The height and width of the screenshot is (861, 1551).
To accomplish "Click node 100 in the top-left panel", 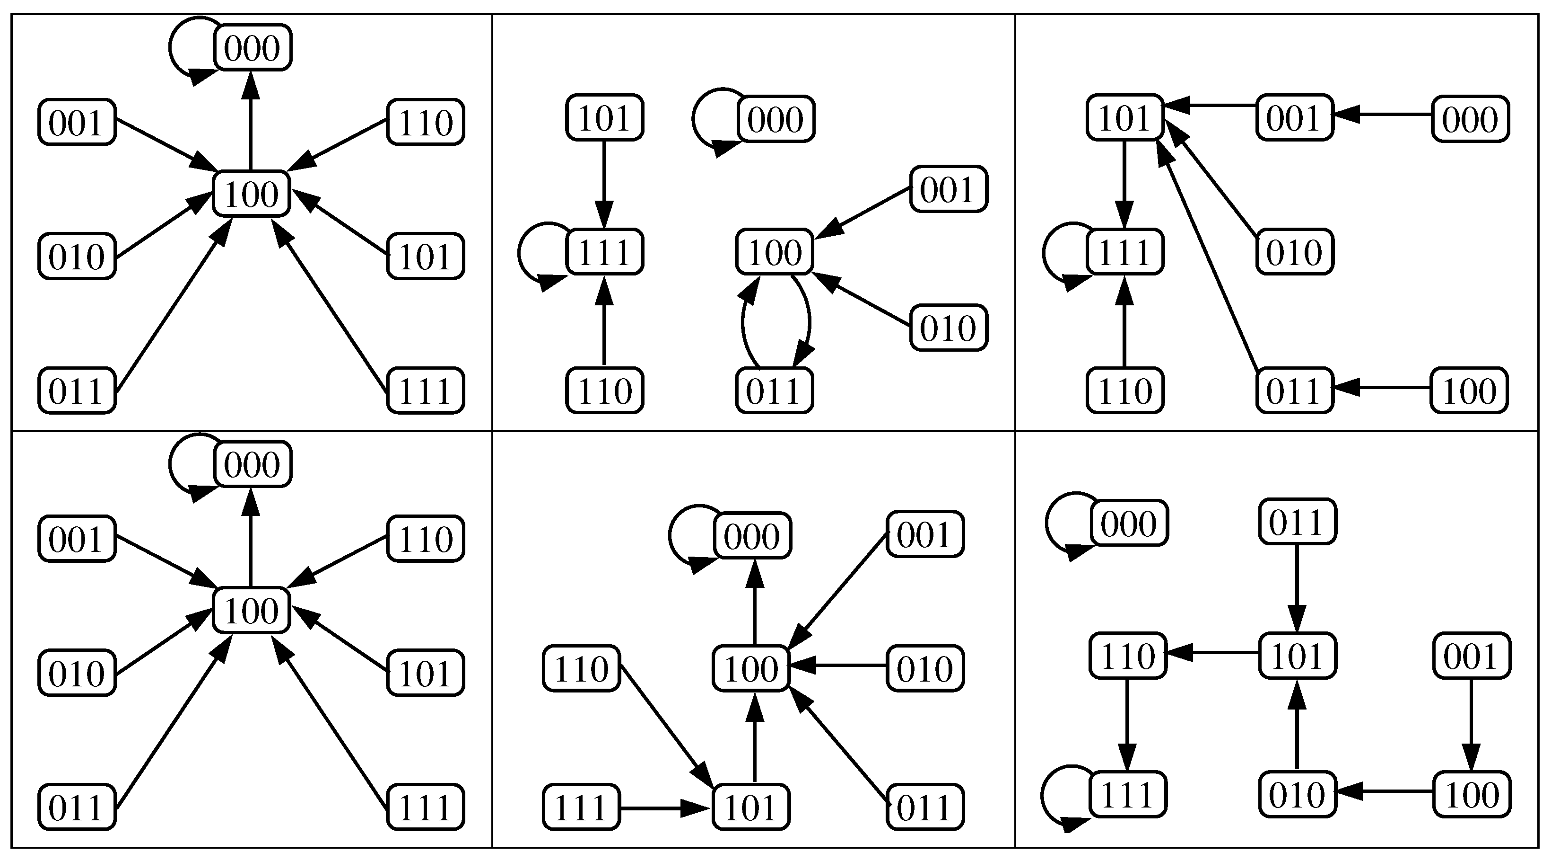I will (x=252, y=194).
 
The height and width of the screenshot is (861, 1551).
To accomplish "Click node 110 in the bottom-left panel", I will (x=425, y=539).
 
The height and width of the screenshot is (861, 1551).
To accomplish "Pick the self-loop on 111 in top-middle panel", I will (x=522, y=253).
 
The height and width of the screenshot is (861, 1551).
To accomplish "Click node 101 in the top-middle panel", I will (x=604, y=117).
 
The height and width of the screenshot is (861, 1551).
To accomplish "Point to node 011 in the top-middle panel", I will (x=774, y=391).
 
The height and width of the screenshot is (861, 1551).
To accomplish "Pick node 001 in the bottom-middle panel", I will (x=925, y=534).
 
